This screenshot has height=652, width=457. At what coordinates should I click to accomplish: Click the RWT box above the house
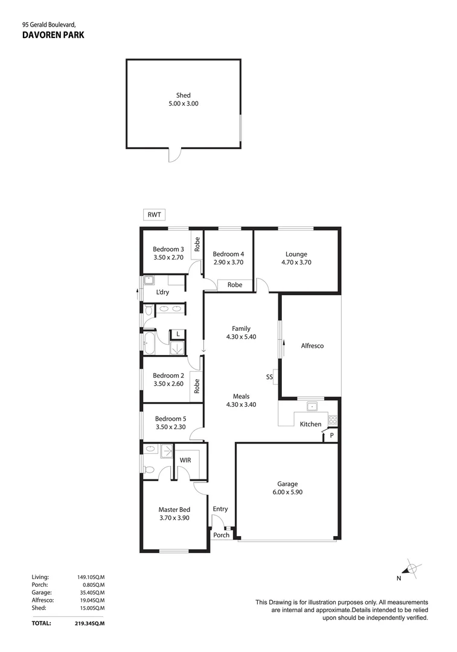pyautogui.click(x=154, y=214)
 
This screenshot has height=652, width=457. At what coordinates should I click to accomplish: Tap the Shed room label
pyautogui.click(x=184, y=95)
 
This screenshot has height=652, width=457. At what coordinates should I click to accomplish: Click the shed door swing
pyautogui.click(x=175, y=155)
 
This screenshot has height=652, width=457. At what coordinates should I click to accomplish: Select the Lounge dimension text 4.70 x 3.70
pyautogui.click(x=296, y=263)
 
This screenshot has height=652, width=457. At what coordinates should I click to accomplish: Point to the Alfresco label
pyautogui.click(x=312, y=345)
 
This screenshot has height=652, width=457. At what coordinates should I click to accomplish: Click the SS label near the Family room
pyautogui.click(x=269, y=377)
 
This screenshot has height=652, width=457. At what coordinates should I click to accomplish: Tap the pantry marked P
pyautogui.click(x=331, y=435)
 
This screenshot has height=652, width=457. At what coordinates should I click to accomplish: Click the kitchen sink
pyautogui.click(x=312, y=406)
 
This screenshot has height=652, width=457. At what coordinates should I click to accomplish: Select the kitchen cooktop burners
pyautogui.click(x=332, y=420)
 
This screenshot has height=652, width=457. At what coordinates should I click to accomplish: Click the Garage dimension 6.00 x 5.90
pyautogui.click(x=287, y=492)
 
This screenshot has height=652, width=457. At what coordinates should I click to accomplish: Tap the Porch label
pyautogui.click(x=221, y=535)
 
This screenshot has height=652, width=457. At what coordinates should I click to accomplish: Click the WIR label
pyautogui.click(x=185, y=460)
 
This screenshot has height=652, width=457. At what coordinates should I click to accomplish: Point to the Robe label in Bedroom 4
pyautogui.click(x=235, y=285)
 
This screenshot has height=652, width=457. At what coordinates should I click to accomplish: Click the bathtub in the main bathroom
pyautogui.click(x=149, y=343)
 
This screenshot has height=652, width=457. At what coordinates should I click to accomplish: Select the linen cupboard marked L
pyautogui.click(x=178, y=334)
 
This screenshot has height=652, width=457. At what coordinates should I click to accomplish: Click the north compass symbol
pyautogui.click(x=412, y=569)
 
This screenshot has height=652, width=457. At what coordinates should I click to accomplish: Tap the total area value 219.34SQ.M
pyautogui.click(x=87, y=623)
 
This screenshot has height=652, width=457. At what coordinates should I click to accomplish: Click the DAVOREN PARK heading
pyautogui.click(x=53, y=35)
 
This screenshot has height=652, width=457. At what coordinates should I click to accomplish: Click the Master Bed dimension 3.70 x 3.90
pyautogui.click(x=174, y=518)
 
